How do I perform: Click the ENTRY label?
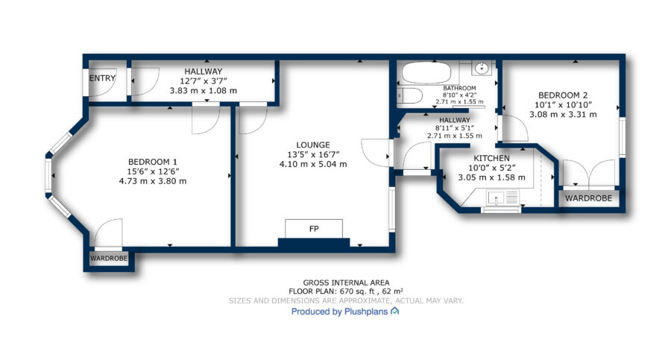tap(102, 78)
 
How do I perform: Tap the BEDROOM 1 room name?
tap(152, 162)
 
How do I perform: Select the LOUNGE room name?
tap(313, 145)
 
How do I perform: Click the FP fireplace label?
tap(314, 229)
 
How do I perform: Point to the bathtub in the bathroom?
tap(426, 73)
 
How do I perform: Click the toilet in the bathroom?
tap(409, 96)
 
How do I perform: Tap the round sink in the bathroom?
tap(482, 68)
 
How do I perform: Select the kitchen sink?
tap(497, 198)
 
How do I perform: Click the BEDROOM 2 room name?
tap(563, 95)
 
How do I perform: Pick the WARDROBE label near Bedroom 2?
tap(588, 198)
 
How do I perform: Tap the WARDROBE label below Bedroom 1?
tap(109, 259)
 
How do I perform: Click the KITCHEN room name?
tap(491, 158)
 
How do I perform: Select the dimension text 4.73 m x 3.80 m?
tap(153, 181)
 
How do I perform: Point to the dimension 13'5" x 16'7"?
tap(313, 154)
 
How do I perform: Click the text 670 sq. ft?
tap(356, 291)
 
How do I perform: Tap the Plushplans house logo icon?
tap(394, 312)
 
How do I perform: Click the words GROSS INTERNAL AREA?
tap(346, 282)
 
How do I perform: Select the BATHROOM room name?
tap(459, 88)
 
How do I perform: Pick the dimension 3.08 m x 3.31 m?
tap(563, 115)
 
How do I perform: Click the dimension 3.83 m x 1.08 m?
tap(204, 91)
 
